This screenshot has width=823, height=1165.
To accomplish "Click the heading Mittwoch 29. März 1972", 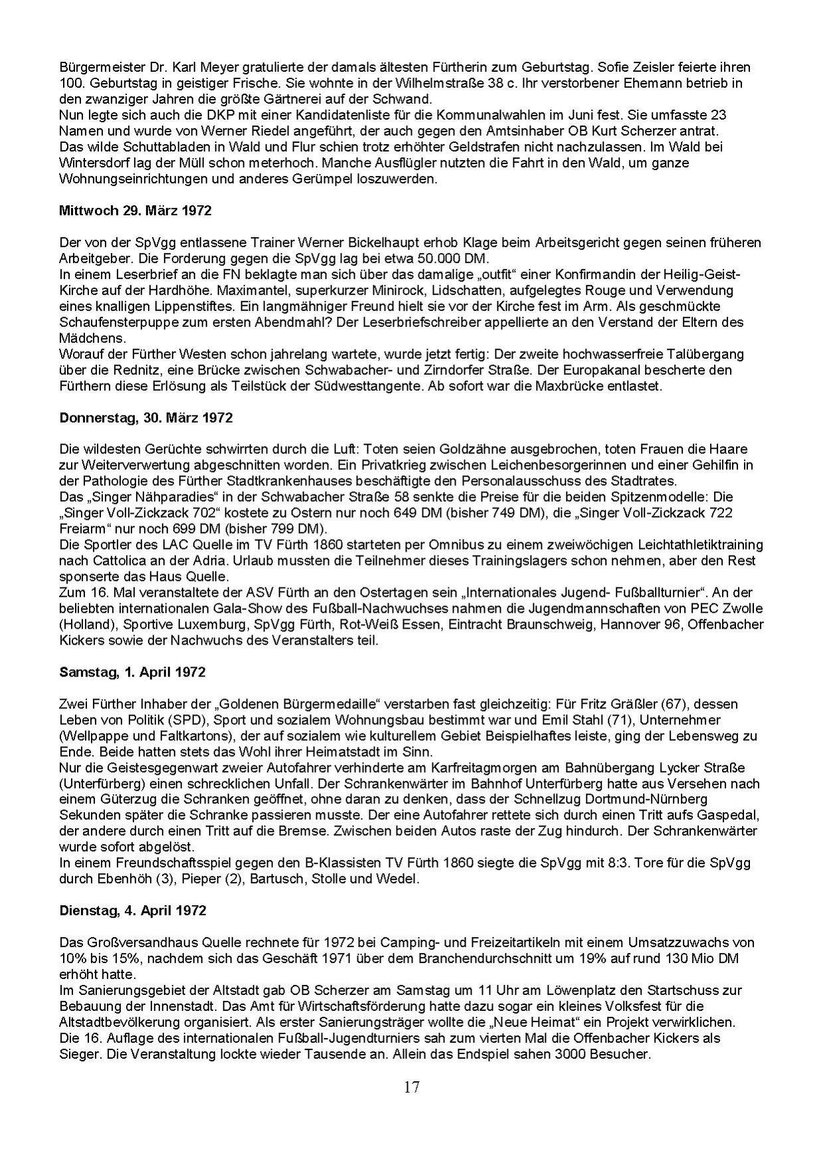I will (135, 211).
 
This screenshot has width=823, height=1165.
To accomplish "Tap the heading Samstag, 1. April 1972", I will (132, 672).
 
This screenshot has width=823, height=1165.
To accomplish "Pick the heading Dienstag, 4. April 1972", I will (133, 910).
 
